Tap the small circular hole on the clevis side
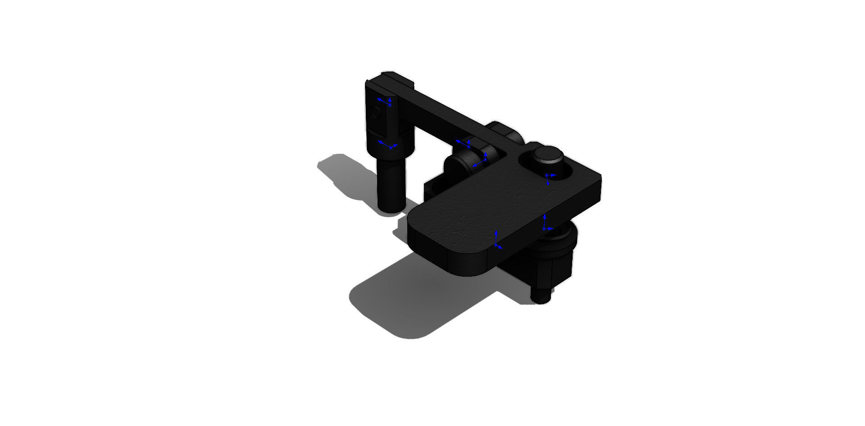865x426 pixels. pos(375,112)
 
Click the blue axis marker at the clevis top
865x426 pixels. pos(385,102)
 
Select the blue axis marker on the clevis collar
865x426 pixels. pos(387,145)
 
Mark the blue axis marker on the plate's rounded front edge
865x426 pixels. pos(496,241)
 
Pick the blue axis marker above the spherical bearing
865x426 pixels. pos(546,224)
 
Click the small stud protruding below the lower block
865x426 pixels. pos(541,295)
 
